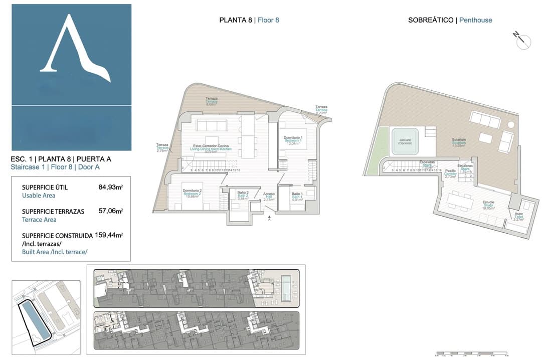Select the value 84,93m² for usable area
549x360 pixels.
(x=111, y=188)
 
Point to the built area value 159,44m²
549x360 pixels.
(x=109, y=235)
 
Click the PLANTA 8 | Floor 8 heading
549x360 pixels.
(x=249, y=21)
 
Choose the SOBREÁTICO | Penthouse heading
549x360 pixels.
(x=450, y=21)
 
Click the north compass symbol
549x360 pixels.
(x=521, y=40)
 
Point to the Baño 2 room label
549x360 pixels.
(x=243, y=196)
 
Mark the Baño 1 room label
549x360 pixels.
(x=297, y=196)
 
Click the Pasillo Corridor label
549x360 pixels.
(x=450, y=173)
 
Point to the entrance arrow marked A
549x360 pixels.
(x=269, y=217)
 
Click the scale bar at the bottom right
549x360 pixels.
(x=472, y=353)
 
